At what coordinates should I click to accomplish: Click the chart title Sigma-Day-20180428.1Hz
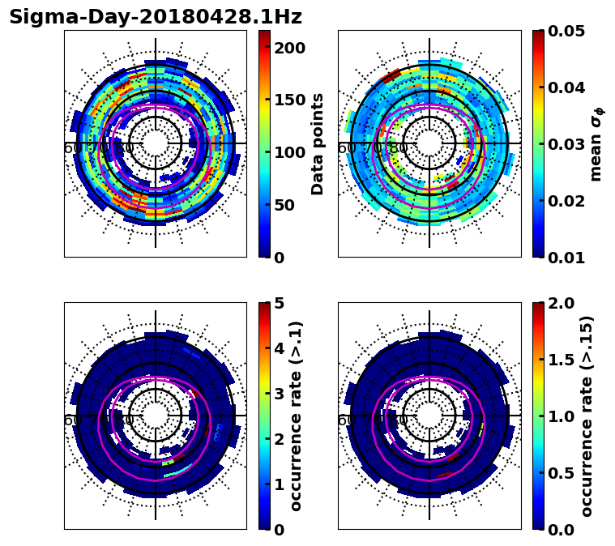pos(155,17)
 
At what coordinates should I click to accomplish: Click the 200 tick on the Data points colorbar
pos(289,48)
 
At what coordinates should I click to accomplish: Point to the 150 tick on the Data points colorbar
pos(289,100)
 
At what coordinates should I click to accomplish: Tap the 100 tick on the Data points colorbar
pos(289,152)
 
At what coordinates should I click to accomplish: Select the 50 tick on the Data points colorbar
pos(289,205)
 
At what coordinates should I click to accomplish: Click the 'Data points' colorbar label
pos(318,143)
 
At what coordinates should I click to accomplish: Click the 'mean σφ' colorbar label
pos(596,144)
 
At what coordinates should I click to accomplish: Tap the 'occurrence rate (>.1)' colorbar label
pos(297,416)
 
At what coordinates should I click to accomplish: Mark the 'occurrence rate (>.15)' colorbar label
pos(587,416)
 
